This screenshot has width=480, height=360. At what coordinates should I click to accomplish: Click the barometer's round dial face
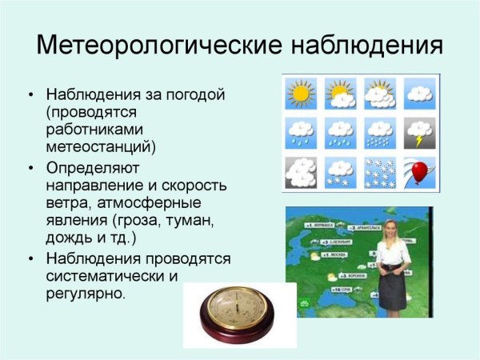[239, 313]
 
